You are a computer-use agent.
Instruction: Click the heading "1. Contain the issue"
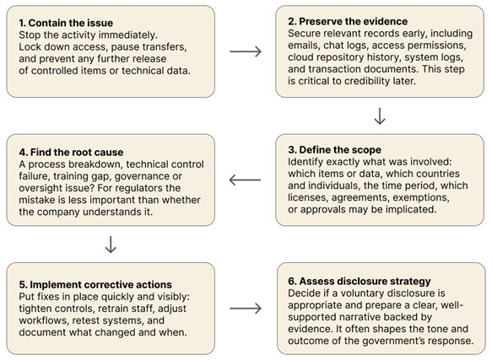pyautogui.click(x=66, y=23)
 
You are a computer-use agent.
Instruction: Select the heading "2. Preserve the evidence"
pyautogui.click(x=348, y=21)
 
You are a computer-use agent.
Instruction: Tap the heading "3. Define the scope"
pyautogui.click(x=334, y=150)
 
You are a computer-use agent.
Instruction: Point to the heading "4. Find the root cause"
pyautogui.click(x=71, y=153)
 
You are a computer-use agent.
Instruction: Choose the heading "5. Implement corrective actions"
pyautogui.click(x=95, y=285)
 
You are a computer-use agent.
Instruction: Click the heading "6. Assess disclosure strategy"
pyautogui.click(x=360, y=282)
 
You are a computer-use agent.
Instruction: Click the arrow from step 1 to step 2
pyautogui.click(x=246, y=51)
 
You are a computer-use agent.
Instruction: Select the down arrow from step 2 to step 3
pyautogui.click(x=380, y=116)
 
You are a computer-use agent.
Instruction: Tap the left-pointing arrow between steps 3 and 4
pyautogui.click(x=245, y=180)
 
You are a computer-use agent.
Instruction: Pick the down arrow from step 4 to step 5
pyautogui.click(x=111, y=244)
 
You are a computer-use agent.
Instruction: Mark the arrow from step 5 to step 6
pyautogui.click(x=246, y=309)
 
